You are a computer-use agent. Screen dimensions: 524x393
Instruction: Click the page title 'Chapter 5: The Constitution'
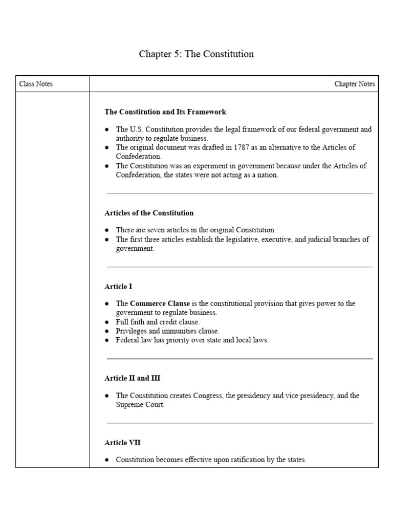(196, 54)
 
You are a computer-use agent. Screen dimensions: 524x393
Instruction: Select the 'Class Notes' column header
(36, 84)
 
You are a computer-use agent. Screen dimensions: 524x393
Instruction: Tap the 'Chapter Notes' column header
(354, 84)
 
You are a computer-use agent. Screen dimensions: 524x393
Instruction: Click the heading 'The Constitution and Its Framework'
(165, 112)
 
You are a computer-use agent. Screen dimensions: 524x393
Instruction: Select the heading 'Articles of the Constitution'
(149, 213)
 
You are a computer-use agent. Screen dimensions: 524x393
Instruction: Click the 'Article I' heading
(118, 287)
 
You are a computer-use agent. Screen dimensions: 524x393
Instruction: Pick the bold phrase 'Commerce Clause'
(160, 303)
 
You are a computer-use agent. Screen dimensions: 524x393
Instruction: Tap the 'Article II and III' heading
(132, 378)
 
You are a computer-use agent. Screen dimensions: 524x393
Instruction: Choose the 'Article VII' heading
(122, 443)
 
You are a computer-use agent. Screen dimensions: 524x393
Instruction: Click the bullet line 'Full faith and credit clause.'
(158, 322)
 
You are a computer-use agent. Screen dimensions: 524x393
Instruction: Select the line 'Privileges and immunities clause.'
(167, 331)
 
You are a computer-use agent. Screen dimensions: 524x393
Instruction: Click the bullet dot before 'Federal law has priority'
(107, 340)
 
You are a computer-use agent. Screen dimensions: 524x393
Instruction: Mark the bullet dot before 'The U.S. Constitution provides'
(107, 129)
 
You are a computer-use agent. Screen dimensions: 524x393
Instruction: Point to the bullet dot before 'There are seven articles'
(107, 230)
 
